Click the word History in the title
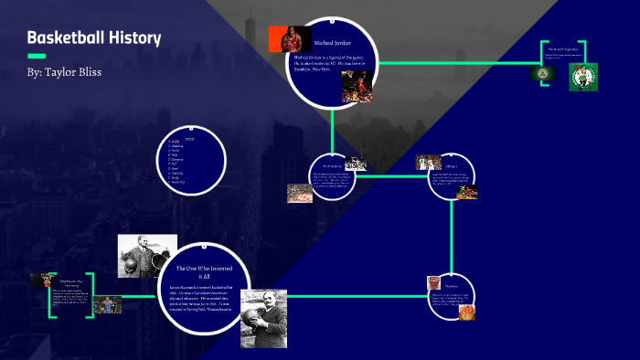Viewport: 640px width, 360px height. tap(138, 38)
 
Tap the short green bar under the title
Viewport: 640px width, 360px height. tap(37, 56)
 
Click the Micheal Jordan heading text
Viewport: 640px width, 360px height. tap(332, 43)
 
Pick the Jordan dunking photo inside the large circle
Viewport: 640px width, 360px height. tap(355, 86)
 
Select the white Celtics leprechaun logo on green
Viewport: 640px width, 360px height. tap(582, 77)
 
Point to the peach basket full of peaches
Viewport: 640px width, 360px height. tap(467, 311)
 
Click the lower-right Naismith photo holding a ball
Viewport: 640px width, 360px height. tap(263, 318)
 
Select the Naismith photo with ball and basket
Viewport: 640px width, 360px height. tap(146, 256)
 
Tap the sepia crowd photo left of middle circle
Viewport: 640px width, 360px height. tap(299, 193)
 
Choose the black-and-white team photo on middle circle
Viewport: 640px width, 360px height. tap(357, 164)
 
